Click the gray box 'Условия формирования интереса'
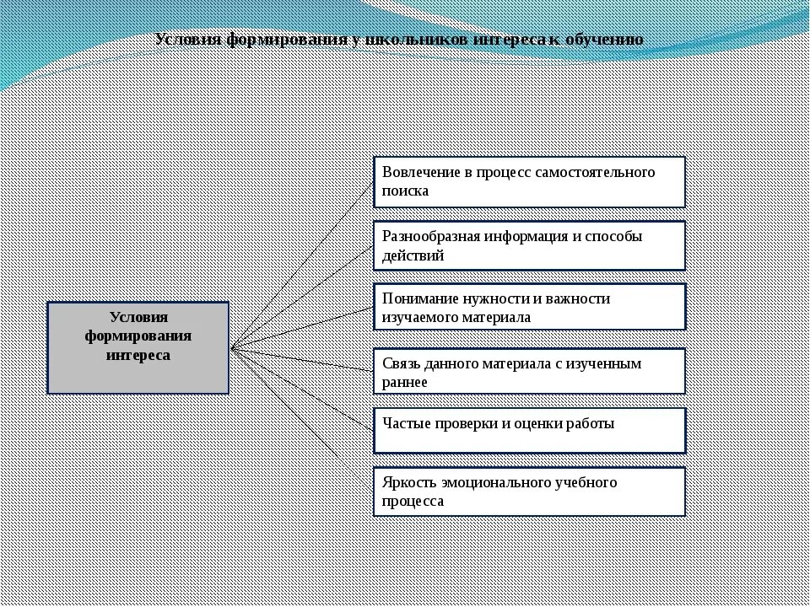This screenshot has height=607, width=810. point(138,347)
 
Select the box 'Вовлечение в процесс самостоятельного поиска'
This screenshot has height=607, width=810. point(529,181)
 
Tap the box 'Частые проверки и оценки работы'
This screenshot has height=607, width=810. point(529,430)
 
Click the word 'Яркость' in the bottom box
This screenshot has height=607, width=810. point(408,482)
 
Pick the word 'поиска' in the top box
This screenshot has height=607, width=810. point(405,191)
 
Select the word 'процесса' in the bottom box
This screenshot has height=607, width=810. point(413,501)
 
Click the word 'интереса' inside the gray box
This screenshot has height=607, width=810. point(138,355)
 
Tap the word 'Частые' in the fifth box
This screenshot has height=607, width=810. point(406,423)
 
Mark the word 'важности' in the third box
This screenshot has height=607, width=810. point(577,298)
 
